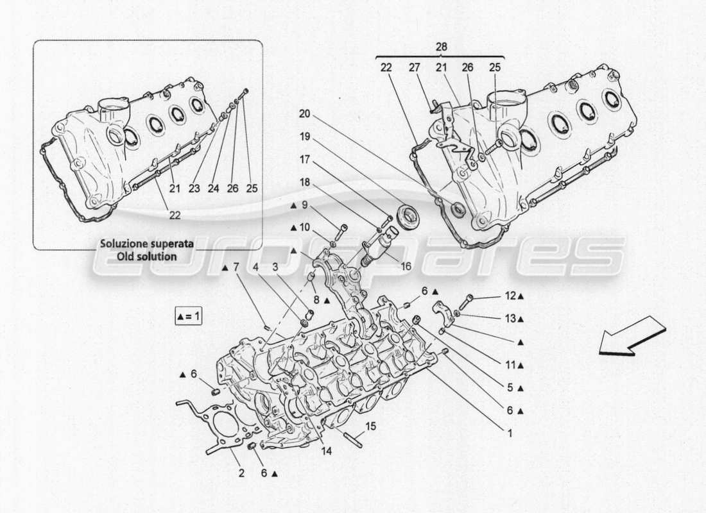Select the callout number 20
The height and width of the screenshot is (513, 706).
point(305,114)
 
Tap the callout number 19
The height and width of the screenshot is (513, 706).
point(305,137)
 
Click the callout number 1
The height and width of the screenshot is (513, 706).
point(510,433)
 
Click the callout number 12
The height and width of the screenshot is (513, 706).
point(510,296)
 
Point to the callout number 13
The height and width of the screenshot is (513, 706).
point(510,318)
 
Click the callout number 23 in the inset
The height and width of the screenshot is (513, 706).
point(194,189)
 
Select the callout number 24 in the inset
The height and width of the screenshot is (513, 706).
point(214,189)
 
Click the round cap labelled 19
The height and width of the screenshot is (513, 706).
point(406,215)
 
